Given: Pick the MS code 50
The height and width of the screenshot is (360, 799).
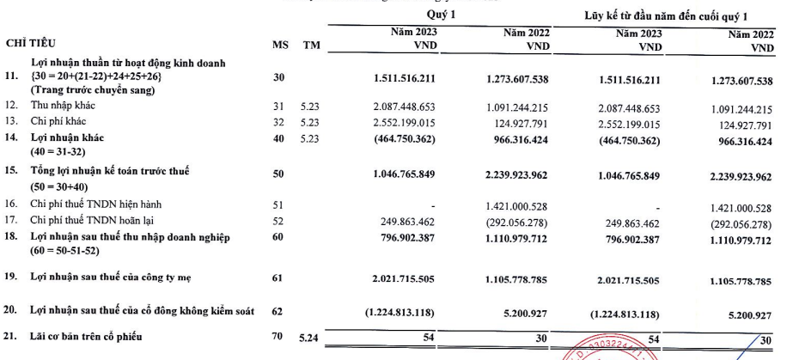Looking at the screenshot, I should pos(278,174).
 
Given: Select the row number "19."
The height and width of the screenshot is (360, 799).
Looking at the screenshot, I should pos(11,278).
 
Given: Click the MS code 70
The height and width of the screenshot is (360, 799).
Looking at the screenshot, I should pos(277,335).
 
